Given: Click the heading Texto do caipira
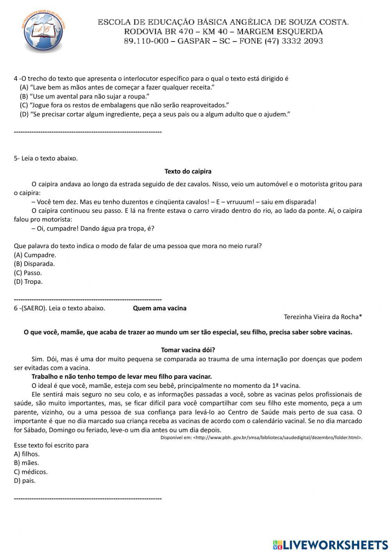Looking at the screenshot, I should click(188, 171).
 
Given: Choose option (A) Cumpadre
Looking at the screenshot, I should click(35, 255).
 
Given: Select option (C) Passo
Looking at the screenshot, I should click(28, 273).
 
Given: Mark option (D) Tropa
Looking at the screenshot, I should click(28, 281).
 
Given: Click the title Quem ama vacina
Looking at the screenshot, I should click(160, 308).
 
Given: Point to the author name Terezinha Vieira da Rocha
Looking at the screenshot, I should click(323, 317).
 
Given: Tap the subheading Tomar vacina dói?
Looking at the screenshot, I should click(188, 350).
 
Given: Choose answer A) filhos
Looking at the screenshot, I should click(27, 454).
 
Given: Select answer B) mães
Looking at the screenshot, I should click(26, 463).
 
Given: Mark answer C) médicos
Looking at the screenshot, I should click(30, 472).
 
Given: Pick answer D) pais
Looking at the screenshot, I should click(25, 481).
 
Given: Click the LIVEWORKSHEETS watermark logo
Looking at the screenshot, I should click(330, 545).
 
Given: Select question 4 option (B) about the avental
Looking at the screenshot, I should click(85, 96).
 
